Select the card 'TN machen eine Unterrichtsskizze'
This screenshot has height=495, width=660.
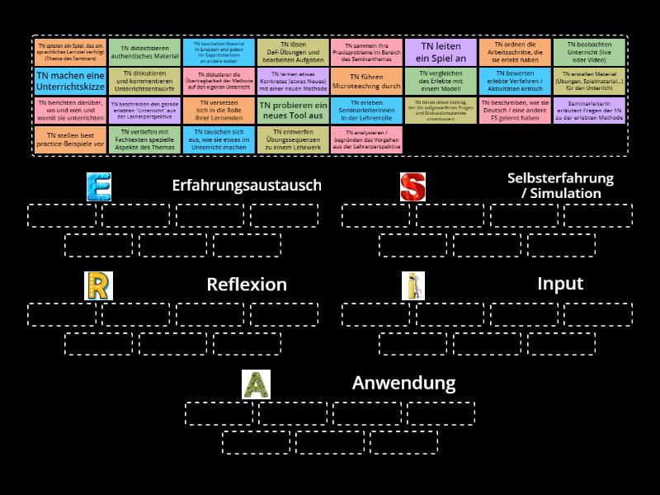pos(70,81)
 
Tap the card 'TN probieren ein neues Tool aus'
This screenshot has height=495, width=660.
pos(292,111)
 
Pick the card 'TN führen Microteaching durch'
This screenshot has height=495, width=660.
pos(366,81)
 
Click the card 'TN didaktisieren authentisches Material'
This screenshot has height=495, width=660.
pos(144,52)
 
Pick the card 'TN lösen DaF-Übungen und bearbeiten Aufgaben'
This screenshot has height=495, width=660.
pos(292,52)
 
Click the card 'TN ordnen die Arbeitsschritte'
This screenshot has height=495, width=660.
pos(515,52)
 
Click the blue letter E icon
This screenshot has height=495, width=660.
pos(98,186)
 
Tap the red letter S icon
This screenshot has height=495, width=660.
pos(412,186)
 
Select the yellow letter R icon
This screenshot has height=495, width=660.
pos(98,285)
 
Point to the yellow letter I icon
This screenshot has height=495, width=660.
pos(412,285)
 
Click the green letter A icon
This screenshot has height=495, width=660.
pos(256,384)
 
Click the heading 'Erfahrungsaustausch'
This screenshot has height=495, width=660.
pos(246,186)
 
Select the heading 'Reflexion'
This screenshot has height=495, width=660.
pos(246,285)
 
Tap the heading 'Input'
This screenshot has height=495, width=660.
pos(560,284)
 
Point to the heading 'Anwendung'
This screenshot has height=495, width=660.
pos(403,383)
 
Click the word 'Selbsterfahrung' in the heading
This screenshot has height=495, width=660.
pos(560,178)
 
